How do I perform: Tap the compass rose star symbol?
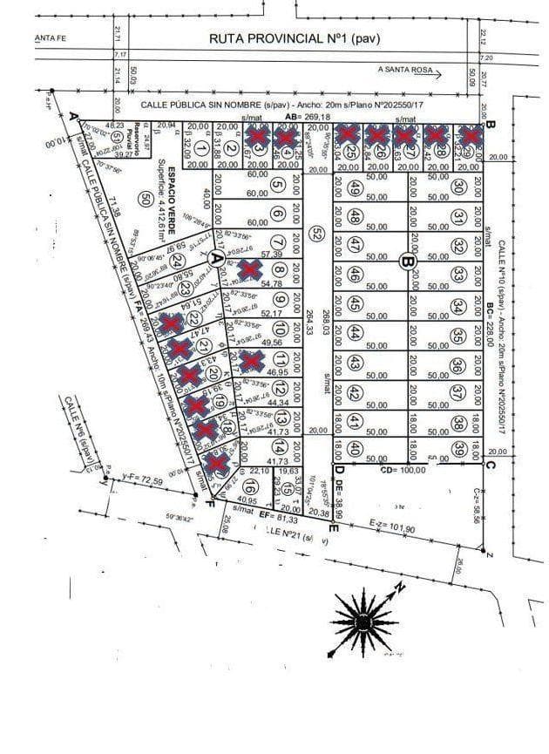click(x=362, y=620)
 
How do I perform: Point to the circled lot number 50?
click(x=145, y=199)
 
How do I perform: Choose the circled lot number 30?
click(x=458, y=186)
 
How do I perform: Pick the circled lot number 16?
click(x=251, y=487)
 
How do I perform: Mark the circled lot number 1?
click(x=201, y=149)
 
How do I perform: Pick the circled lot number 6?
click(x=277, y=214)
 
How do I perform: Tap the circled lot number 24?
click(x=178, y=260)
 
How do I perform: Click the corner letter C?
click(x=489, y=465)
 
